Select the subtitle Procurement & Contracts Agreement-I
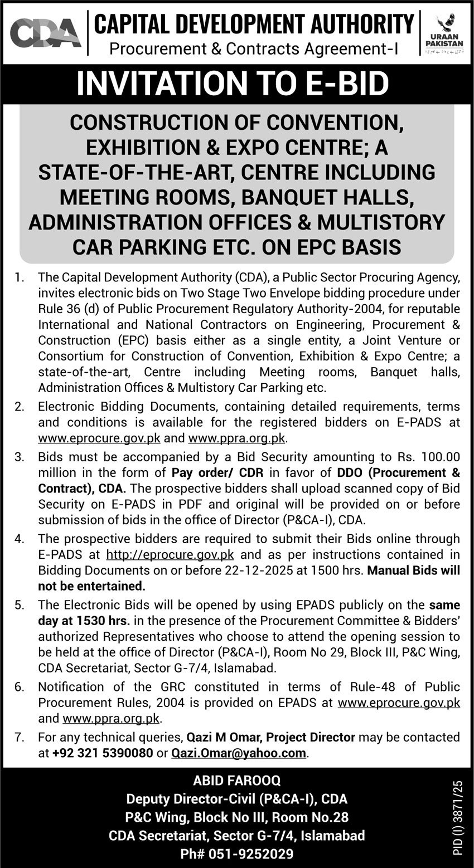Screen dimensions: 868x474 pyautogui.click(x=254, y=49)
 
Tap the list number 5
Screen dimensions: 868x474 pyautogui.click(x=20, y=604)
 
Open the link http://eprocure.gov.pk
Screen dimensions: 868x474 pyautogui.click(x=170, y=555)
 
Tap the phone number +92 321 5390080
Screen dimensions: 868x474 pyautogui.click(x=103, y=753)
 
